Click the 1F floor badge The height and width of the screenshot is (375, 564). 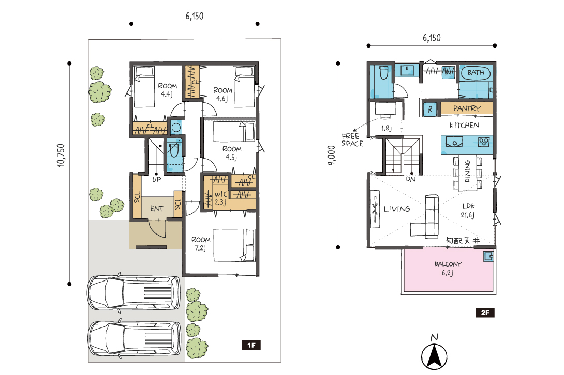click(x=251, y=345)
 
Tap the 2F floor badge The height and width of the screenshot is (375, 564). click(x=485, y=312)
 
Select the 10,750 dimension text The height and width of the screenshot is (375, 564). click(x=61, y=155)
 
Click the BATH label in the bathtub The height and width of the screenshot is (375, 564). click(x=476, y=72)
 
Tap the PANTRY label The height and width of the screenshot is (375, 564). click(x=467, y=108)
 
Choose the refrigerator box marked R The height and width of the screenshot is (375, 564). click(x=430, y=109)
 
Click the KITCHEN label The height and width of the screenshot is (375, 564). click(x=464, y=126)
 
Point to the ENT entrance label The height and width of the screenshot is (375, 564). click(x=157, y=209)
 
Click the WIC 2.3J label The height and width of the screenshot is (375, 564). click(x=220, y=198)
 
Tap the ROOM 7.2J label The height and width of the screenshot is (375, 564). click(x=201, y=243)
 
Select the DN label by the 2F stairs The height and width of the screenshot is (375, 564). click(x=411, y=179)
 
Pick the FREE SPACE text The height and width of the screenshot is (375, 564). click(x=352, y=140)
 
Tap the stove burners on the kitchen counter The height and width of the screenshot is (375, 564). click(x=484, y=142)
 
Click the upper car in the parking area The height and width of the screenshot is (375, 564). click(x=133, y=293)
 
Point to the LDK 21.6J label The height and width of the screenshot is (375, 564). click(x=468, y=211)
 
